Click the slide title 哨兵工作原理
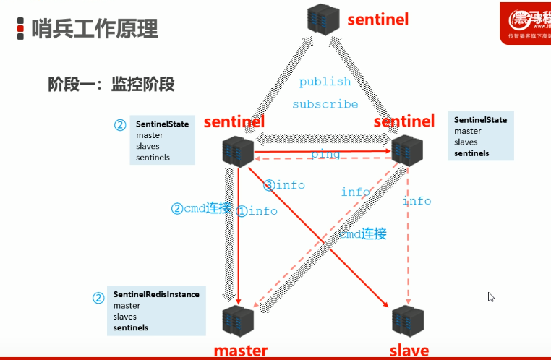(95, 29)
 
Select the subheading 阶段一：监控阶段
(111, 85)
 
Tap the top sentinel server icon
(323, 18)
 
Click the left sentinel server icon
(239, 150)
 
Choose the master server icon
(239, 320)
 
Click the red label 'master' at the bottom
(240, 351)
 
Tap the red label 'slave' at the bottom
(409, 351)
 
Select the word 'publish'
(325, 82)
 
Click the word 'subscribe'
(325, 104)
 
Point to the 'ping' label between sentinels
(325, 154)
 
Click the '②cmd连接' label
(201, 208)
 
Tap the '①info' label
(257, 211)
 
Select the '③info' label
(284, 185)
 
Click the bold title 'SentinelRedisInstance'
(155, 295)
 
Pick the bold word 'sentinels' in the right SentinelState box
(471, 153)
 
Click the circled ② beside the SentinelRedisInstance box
(98, 298)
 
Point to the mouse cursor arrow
(491, 296)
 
